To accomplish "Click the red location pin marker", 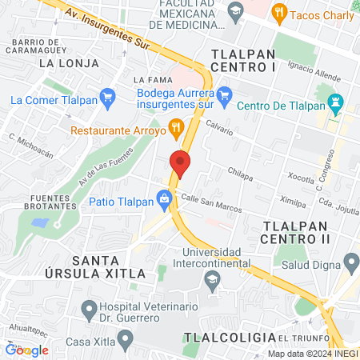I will point(180,164).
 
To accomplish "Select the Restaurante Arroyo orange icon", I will point(177,128).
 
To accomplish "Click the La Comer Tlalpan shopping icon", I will point(109,99).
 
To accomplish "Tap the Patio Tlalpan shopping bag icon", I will point(165,197).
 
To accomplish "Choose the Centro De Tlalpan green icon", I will point(337,104).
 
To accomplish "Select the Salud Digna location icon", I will point(350,262).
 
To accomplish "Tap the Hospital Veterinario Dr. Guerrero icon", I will point(89,308).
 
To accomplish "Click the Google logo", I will point(26,350).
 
